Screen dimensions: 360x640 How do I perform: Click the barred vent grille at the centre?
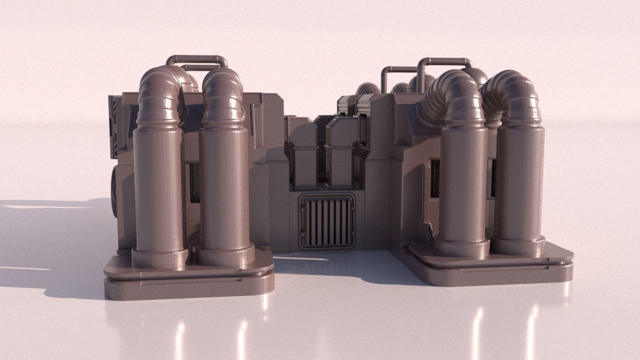327,221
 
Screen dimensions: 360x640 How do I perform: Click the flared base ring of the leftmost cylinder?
159,257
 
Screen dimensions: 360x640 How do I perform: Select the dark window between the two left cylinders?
194,182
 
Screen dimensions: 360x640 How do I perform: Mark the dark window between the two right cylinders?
492,177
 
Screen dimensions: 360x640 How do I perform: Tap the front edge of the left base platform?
189,287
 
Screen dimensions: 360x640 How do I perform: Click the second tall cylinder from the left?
224,190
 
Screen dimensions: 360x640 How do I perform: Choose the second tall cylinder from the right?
462,185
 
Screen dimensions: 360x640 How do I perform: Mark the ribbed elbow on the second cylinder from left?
223,95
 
